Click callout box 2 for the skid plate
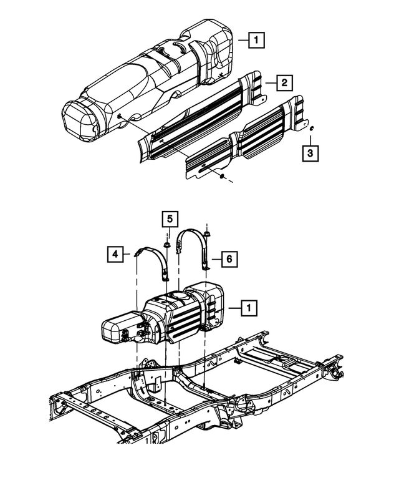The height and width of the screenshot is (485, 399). point(283,82)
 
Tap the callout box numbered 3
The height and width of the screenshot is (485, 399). point(310,152)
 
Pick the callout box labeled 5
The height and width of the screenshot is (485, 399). point(168,219)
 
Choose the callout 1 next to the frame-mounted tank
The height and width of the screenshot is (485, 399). point(248,308)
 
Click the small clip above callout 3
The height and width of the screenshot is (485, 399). point(310,129)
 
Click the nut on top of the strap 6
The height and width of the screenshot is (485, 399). point(206,235)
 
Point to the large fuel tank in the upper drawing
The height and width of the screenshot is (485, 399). point(150,81)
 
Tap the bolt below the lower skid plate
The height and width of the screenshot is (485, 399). point(222,177)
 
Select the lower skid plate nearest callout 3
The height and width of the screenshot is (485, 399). point(249,140)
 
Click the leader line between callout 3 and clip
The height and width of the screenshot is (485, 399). point(310,138)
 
